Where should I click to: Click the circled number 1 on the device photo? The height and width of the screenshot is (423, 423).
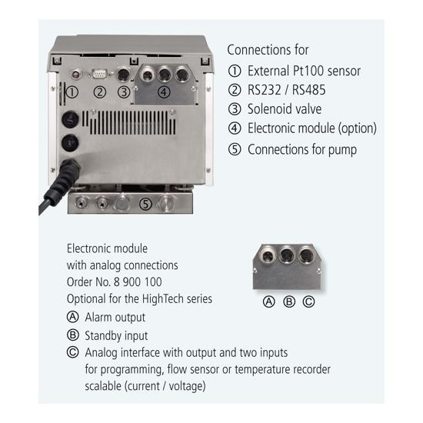coord(72,92)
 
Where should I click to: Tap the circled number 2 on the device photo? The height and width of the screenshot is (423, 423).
coord(100,92)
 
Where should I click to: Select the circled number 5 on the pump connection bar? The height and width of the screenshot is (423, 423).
coord(145,204)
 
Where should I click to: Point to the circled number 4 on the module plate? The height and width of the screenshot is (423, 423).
coord(164,92)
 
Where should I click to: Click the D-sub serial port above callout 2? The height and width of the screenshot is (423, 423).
coord(99,74)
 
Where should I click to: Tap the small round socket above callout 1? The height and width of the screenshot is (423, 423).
coord(76,74)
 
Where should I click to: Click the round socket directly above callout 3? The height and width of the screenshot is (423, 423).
coord(124,73)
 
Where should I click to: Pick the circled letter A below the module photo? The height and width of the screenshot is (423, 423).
coord(269,301)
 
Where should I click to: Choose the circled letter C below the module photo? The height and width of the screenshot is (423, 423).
coord(309,301)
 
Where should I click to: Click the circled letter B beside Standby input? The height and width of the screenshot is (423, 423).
coord(73,335)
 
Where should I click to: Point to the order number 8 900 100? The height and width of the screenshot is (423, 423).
coord(138,282)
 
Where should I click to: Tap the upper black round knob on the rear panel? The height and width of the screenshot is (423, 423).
coord(70,119)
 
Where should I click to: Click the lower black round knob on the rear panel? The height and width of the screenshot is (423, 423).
coord(70,143)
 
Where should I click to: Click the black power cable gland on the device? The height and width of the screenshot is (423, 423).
coord(68,172)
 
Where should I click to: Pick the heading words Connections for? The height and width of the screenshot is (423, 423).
coord(268,50)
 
